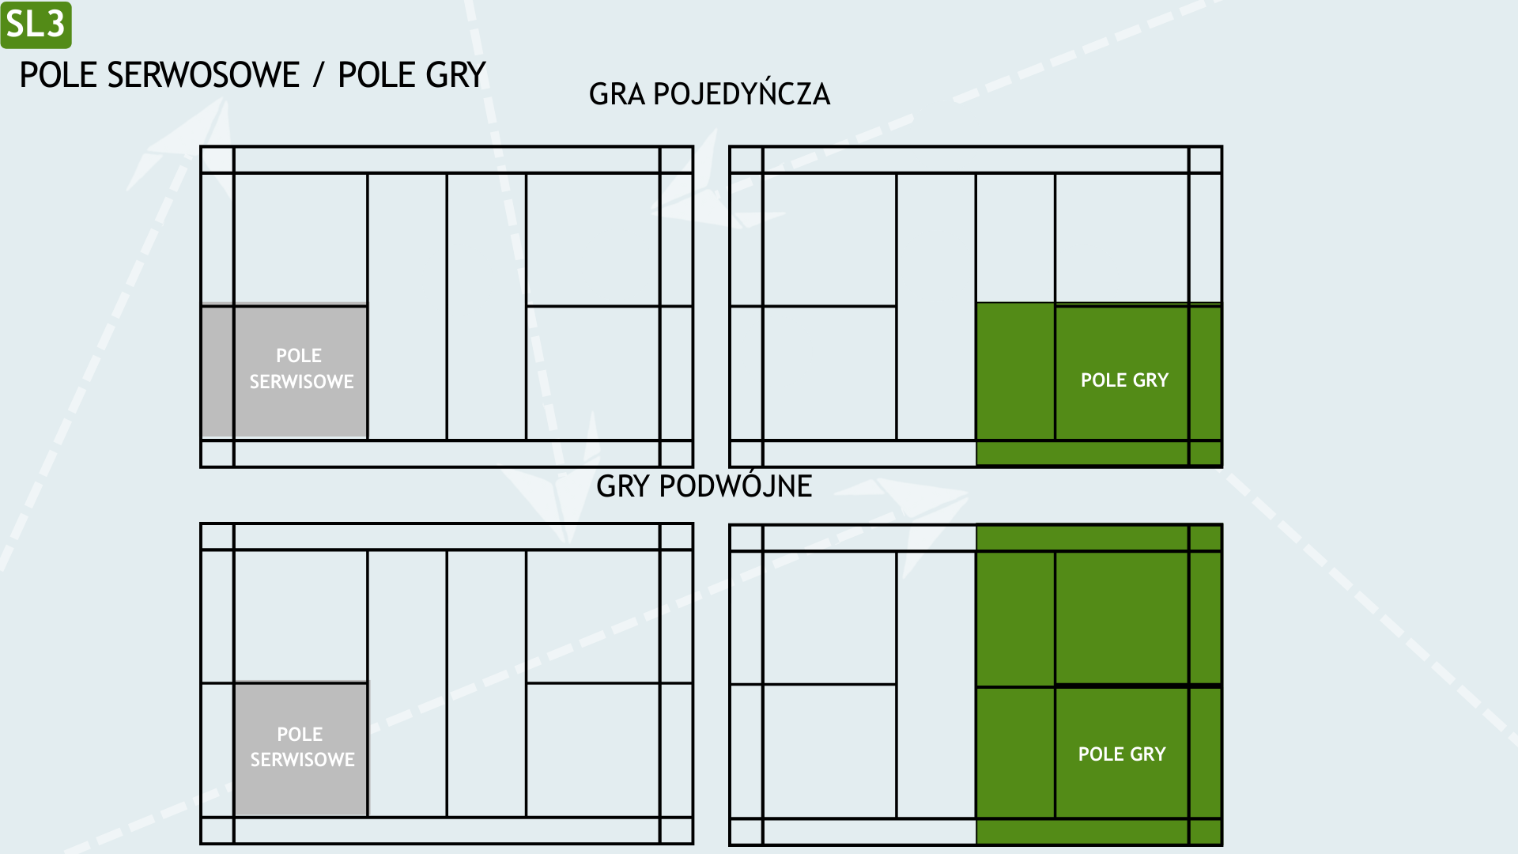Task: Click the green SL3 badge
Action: [x=36, y=25]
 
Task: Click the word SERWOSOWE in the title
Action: [x=203, y=75]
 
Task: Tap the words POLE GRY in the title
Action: [x=412, y=75]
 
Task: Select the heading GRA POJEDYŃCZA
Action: [x=709, y=94]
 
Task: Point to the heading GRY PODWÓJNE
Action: [x=704, y=486]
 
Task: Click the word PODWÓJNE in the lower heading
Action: [x=735, y=486]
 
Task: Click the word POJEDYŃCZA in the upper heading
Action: [x=742, y=94]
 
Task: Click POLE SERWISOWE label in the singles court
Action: [x=301, y=368]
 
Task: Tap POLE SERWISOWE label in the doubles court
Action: [x=302, y=746]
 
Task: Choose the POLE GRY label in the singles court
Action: [x=1124, y=380]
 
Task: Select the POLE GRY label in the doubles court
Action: [x=1122, y=754]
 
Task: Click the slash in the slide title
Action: [x=319, y=76]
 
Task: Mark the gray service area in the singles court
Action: [x=285, y=370]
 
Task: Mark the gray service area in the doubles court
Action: [x=301, y=748]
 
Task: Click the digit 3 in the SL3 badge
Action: [x=55, y=25]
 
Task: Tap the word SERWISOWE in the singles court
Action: [x=301, y=382]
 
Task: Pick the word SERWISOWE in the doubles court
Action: [x=302, y=760]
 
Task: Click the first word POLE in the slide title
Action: [x=59, y=75]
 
